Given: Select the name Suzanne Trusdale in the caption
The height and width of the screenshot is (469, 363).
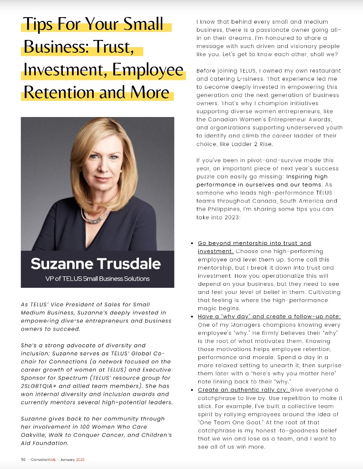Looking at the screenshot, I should pyautogui.click(x=96, y=264).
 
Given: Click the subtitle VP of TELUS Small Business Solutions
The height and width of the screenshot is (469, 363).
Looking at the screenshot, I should pyautogui.click(x=96, y=278).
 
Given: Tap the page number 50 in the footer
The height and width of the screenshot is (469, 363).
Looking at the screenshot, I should pyautogui.click(x=23, y=459).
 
